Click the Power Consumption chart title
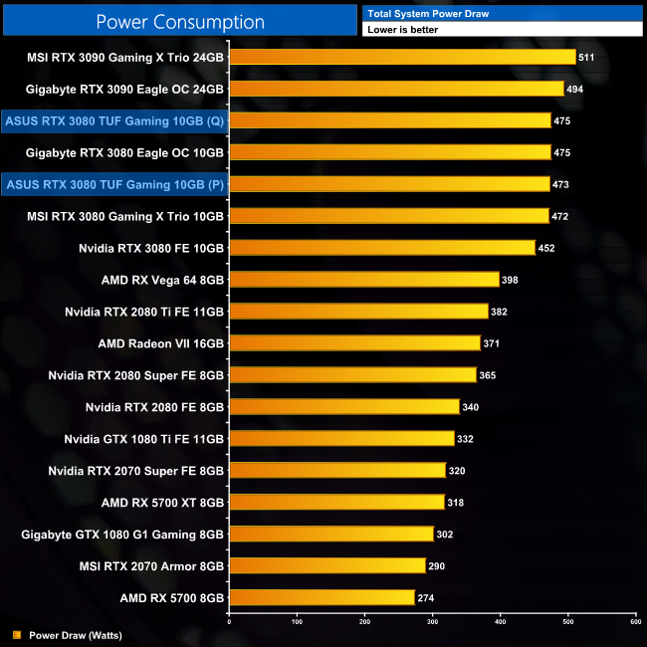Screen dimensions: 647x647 [180, 22]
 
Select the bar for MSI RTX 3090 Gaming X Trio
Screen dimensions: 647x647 [402, 57]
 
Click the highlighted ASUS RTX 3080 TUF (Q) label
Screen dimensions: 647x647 [114, 120]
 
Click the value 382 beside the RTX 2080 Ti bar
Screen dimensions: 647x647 [500, 312]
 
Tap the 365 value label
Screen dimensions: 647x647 [488, 375]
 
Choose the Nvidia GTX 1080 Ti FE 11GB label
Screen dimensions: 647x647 [144, 439]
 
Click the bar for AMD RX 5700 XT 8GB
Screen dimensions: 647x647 [336, 503]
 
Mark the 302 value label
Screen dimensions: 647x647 [445, 535]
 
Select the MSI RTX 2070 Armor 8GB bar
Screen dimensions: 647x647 [327, 566]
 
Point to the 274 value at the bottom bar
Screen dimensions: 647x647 [426, 598]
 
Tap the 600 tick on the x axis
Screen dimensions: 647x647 [635, 622]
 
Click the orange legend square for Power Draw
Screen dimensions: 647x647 [16, 634]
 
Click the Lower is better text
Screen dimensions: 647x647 [402, 30]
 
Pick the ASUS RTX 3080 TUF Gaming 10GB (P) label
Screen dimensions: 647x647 [114, 184]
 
